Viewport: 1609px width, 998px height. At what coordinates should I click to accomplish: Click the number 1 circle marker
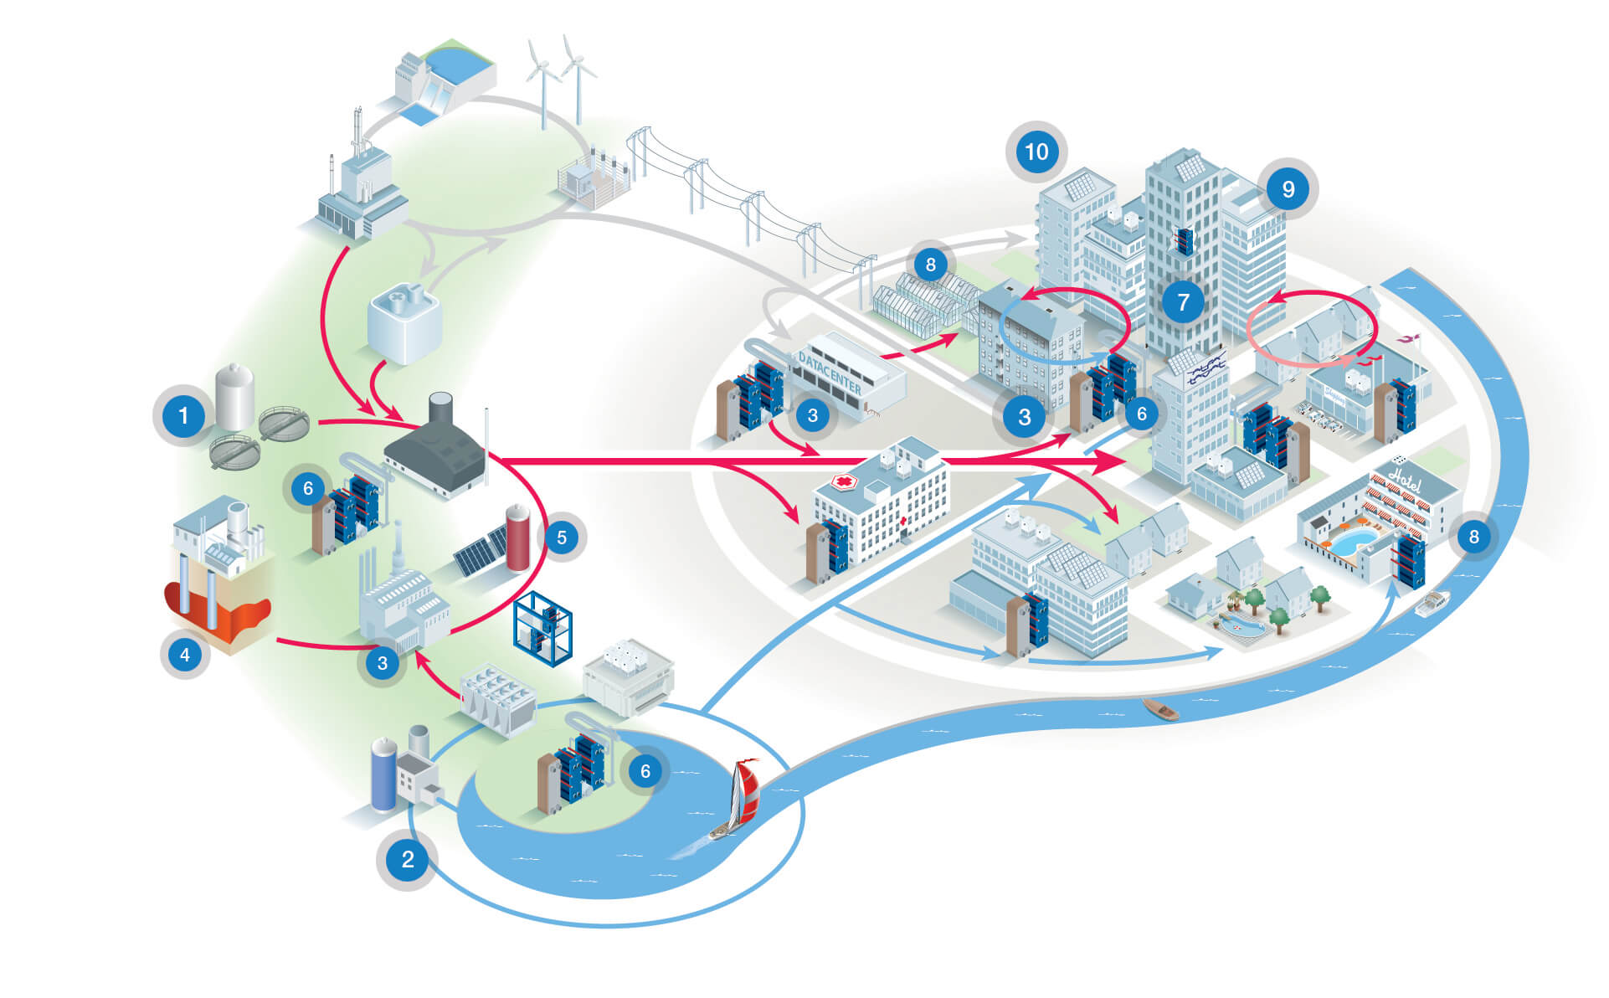(x=183, y=414)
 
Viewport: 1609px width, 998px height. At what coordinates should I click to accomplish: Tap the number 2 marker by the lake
(x=408, y=859)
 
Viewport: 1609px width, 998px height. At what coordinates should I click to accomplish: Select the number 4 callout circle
(x=185, y=654)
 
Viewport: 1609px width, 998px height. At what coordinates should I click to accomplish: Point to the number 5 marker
(x=562, y=538)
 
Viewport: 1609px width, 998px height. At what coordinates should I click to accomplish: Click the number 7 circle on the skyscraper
(x=1183, y=301)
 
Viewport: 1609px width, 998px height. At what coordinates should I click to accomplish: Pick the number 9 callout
(x=1288, y=190)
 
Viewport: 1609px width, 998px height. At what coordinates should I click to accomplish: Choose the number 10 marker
(x=1036, y=152)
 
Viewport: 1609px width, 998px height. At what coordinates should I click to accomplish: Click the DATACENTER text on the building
(x=830, y=373)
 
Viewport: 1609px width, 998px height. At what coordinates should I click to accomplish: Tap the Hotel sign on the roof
(x=1404, y=477)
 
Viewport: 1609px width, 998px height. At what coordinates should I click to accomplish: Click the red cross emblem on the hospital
(x=845, y=483)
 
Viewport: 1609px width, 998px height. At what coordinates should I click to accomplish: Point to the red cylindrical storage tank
(x=517, y=537)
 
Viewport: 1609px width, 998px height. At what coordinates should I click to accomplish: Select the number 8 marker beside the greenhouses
(x=930, y=265)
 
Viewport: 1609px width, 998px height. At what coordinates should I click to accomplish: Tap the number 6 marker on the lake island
(x=645, y=771)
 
